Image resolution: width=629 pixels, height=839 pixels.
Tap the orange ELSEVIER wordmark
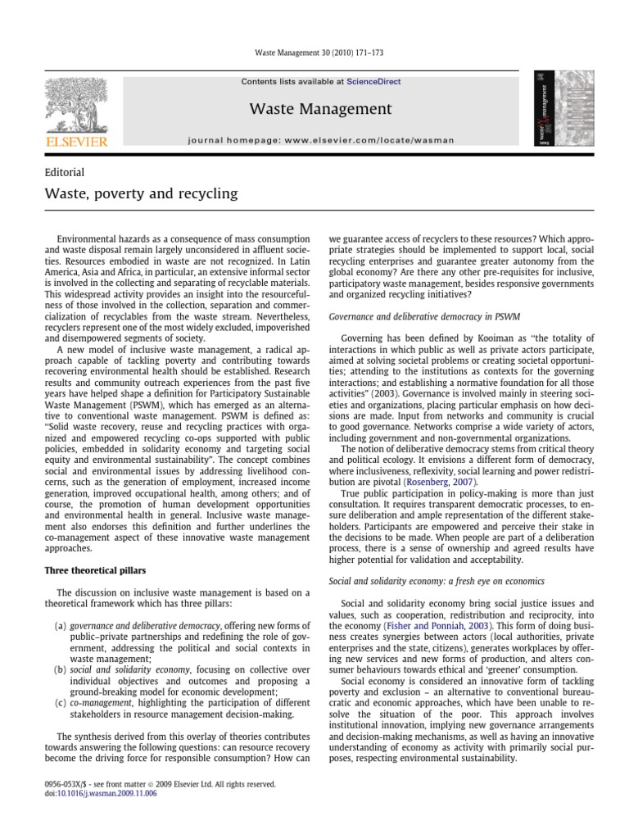pos(76,142)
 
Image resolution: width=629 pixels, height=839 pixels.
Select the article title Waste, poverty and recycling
pos(141,194)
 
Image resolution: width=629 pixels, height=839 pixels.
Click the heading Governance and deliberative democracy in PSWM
pos(423,315)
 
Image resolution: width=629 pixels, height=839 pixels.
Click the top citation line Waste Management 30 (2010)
pos(314,53)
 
